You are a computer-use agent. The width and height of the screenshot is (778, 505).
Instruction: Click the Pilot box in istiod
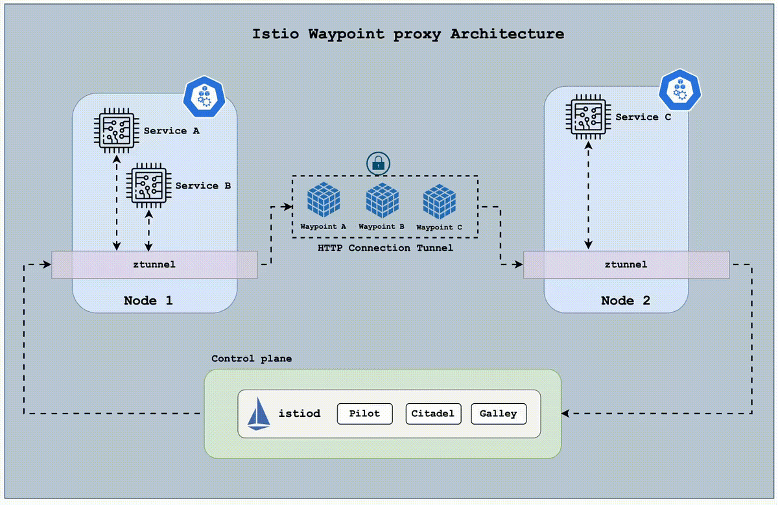365,414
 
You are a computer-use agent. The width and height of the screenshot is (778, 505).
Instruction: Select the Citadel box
433,414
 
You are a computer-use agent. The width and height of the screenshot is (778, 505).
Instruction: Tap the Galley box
498,414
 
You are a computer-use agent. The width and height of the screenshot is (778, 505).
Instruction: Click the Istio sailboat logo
259,414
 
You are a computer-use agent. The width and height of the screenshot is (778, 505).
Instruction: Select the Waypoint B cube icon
382,200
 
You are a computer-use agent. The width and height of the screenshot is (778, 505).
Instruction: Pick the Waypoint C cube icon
439,201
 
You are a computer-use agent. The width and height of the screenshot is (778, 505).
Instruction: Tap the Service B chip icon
148,185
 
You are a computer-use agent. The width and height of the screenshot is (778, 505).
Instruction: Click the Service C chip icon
587,117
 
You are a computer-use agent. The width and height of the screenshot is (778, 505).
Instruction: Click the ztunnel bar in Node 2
626,264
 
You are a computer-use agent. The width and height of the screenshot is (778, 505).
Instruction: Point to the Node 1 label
148,300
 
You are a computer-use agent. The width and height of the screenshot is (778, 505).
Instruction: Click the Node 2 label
625,301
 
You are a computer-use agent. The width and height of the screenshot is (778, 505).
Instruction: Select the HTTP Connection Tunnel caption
385,248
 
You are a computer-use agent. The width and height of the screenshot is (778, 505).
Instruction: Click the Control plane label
252,358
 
